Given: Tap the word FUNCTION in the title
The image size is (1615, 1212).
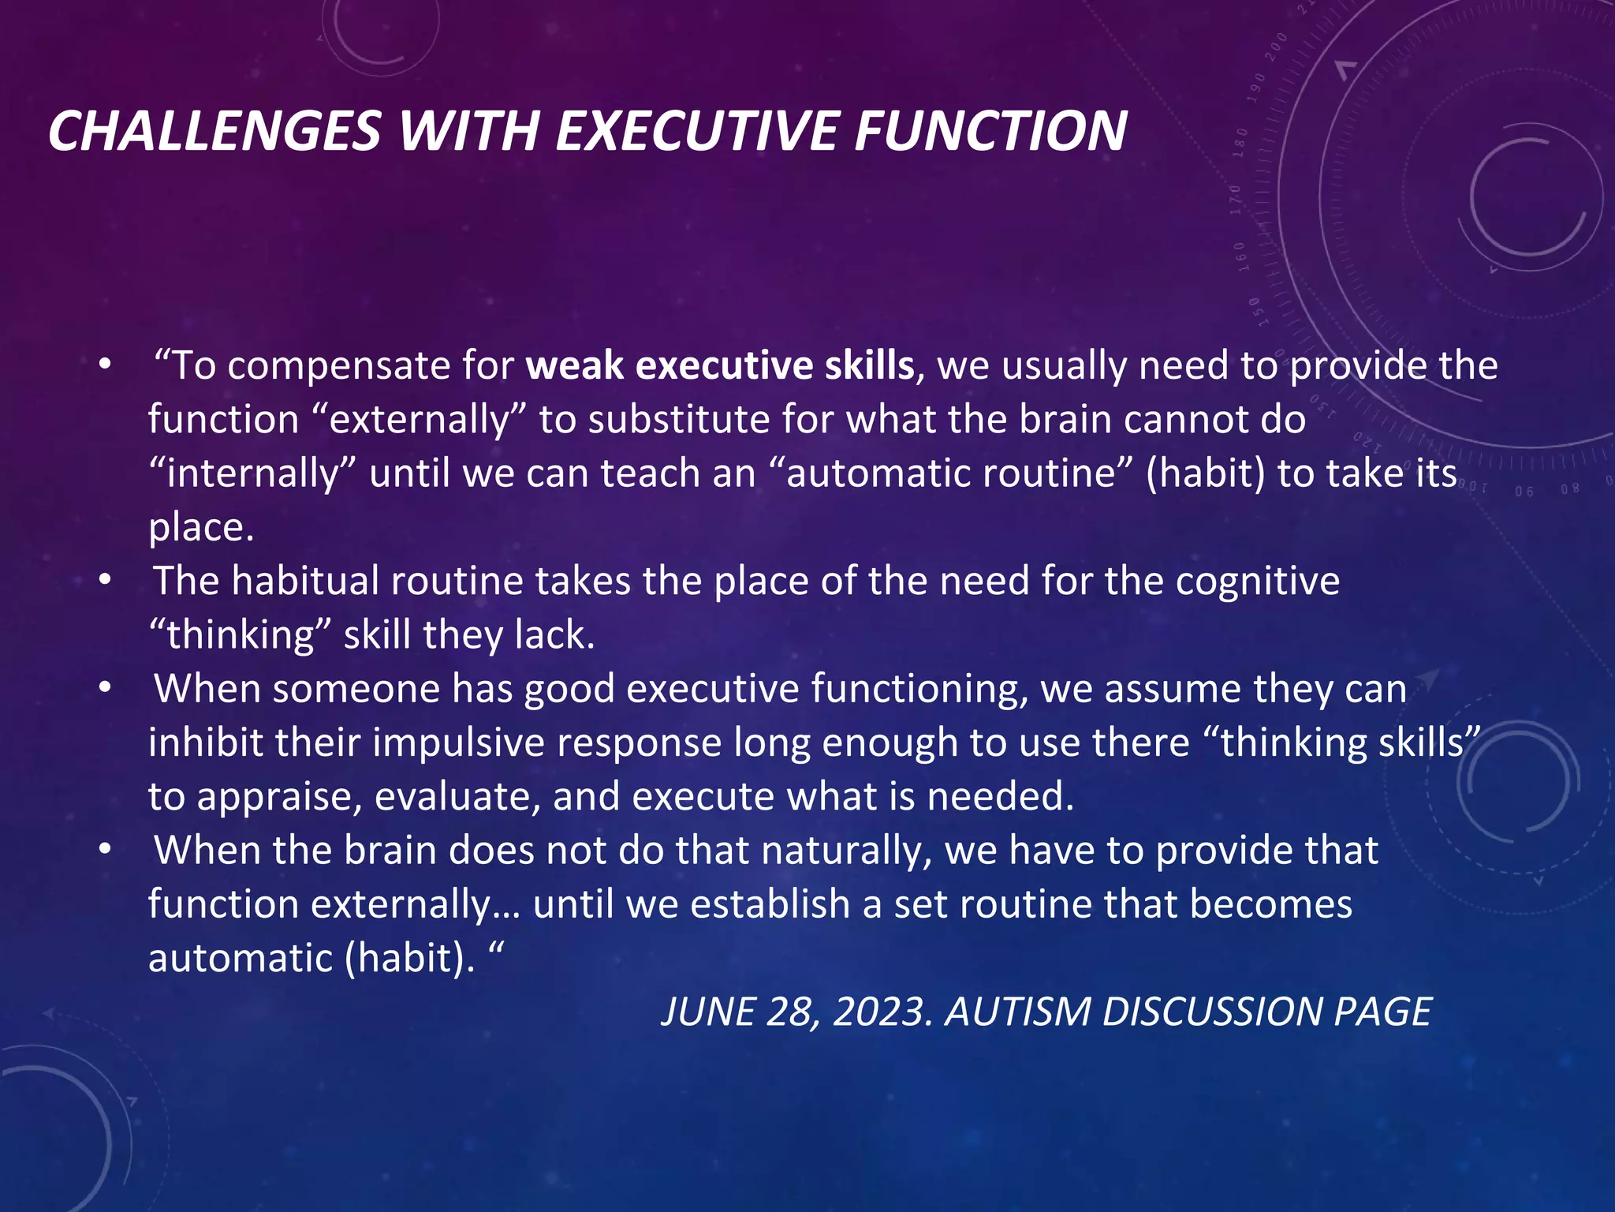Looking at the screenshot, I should [x=991, y=131].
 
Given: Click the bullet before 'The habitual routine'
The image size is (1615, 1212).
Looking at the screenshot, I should [x=106, y=582].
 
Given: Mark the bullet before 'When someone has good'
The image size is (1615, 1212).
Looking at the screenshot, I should [x=106, y=689].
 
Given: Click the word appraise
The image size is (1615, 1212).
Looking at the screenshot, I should [x=279, y=798].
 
